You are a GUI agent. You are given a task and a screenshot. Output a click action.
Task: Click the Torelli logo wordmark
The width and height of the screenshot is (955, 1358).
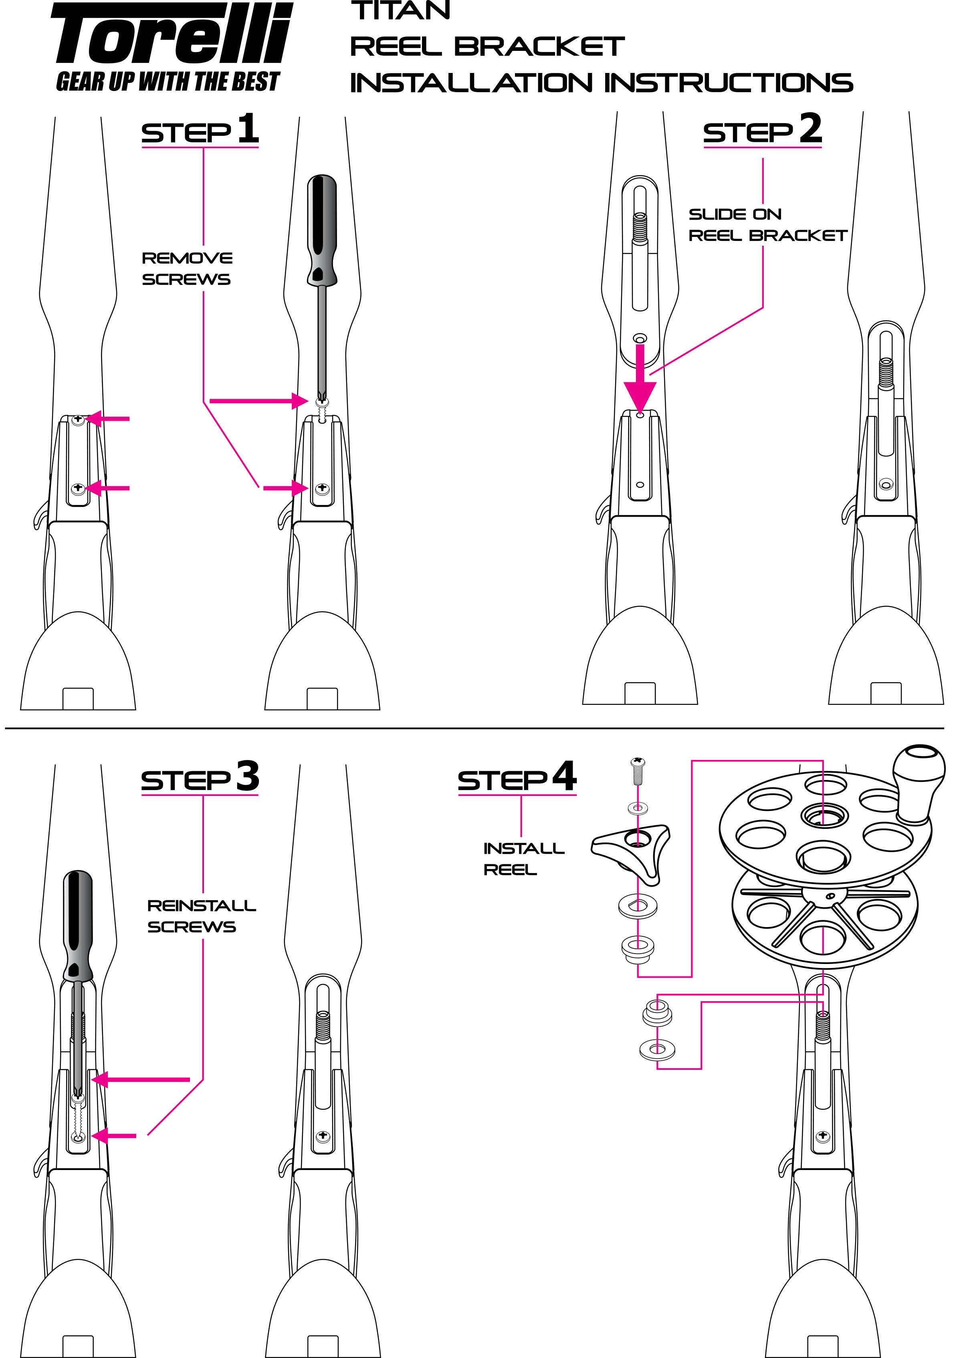(x=172, y=34)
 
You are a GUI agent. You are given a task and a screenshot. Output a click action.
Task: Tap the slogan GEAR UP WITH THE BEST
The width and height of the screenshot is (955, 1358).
(x=168, y=82)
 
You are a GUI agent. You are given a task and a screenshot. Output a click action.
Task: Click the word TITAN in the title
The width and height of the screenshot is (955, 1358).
(x=401, y=11)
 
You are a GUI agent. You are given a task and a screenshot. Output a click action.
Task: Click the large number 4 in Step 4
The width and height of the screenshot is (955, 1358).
(x=564, y=776)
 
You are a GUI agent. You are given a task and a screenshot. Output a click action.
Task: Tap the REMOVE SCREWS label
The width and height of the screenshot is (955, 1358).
(x=186, y=269)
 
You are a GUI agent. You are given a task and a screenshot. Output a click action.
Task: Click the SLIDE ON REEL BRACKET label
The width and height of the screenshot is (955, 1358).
(x=767, y=225)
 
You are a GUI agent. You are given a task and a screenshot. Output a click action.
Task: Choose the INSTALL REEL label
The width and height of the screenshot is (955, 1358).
(x=523, y=859)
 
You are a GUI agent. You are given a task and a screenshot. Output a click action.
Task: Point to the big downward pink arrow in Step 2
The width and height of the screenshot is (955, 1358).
(x=640, y=388)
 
